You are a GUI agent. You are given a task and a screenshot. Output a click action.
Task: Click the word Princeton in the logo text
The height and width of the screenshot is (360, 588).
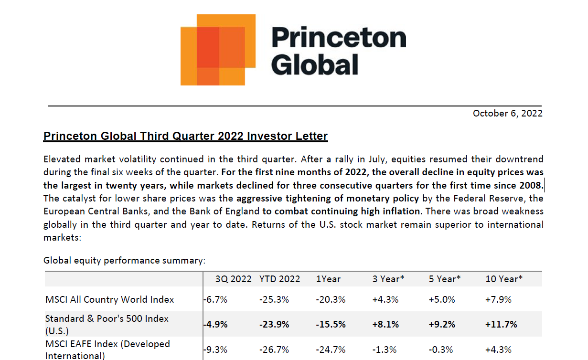point(339,38)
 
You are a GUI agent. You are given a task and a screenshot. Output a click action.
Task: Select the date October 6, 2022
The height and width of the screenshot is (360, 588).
point(507,113)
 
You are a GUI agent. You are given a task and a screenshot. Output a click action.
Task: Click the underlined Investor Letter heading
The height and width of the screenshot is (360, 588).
point(185,136)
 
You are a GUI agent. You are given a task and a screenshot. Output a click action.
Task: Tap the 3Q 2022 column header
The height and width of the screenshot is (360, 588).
point(233,279)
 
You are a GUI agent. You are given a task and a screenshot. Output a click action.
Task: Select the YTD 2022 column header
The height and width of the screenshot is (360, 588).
point(280,279)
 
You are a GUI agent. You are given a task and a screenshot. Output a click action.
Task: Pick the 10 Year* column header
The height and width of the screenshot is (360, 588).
point(504,279)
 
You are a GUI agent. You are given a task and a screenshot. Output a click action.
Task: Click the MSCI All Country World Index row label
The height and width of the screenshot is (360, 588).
point(110,300)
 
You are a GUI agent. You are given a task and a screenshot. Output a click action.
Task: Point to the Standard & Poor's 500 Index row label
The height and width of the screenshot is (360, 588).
point(107,318)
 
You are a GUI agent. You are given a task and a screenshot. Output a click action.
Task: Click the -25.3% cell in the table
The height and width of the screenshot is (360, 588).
point(274,300)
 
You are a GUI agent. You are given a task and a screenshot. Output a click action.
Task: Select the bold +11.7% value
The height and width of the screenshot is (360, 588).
point(501,325)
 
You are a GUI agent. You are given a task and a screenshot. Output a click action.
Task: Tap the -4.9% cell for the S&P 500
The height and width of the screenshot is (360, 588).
point(215,325)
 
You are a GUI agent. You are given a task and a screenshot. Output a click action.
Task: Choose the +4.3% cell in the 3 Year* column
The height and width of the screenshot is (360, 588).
point(385,300)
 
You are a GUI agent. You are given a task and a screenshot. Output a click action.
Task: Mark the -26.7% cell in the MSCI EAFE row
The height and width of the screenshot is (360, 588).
point(274,350)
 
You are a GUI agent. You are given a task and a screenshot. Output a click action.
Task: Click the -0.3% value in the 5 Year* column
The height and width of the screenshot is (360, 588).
point(441,350)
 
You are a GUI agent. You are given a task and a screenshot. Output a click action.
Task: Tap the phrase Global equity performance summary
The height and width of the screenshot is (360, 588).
point(124,260)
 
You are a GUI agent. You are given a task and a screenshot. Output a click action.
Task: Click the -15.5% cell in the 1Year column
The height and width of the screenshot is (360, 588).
point(331,325)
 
